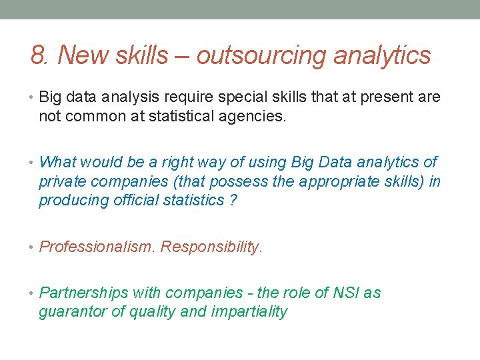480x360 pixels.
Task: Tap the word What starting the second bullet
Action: (59, 162)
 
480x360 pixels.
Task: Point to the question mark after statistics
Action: (232, 200)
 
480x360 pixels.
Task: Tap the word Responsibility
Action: (211, 247)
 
